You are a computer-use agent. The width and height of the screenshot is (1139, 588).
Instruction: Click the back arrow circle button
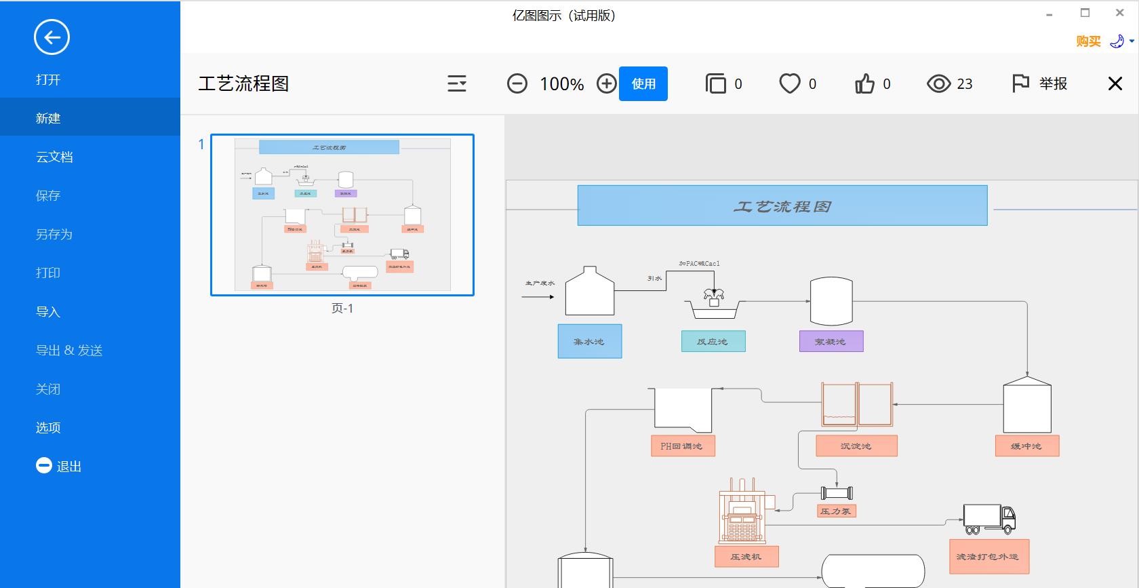pos(52,37)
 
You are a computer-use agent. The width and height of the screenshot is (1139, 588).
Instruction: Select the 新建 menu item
pos(48,118)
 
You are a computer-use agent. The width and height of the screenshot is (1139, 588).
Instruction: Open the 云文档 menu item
pos(54,157)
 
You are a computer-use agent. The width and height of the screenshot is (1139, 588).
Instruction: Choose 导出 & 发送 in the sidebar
pos(69,351)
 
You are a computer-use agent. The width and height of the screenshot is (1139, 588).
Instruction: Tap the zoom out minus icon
pos(517,84)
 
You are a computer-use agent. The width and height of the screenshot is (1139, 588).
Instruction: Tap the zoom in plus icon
pos(606,84)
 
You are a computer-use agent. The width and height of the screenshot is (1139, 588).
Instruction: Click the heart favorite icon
pos(789,84)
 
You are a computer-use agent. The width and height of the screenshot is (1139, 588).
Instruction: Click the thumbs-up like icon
pos(864,84)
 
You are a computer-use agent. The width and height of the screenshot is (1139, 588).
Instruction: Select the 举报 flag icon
pos(1020,83)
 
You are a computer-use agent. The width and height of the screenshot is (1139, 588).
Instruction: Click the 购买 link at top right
pos(1087,41)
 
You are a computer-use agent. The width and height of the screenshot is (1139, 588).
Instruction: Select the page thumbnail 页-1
pos(342,215)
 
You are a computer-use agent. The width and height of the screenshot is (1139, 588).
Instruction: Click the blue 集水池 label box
pos(589,341)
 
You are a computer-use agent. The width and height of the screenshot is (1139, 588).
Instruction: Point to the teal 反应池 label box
pos(713,341)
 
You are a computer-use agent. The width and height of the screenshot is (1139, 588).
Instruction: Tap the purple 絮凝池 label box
pos(831,341)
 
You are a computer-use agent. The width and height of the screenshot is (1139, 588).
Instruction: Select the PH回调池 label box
pos(682,446)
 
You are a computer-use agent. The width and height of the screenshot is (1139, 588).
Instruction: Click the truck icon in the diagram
pos(989,519)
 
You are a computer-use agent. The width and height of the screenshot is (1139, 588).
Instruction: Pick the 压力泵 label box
pos(836,511)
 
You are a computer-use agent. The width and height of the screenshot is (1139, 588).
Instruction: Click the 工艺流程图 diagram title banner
pos(782,205)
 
